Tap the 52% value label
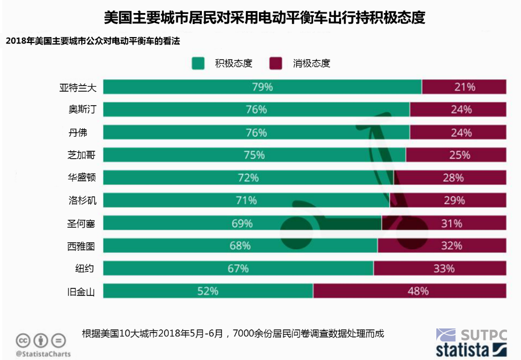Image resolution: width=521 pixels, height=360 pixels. [207, 291]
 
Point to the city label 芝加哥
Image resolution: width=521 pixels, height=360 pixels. [81, 155]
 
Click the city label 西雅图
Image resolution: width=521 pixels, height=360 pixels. [81, 246]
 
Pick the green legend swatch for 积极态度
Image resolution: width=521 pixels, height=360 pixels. [198, 64]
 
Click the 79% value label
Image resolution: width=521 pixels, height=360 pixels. [263, 87]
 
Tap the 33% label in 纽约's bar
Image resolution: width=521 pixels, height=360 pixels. [444, 268]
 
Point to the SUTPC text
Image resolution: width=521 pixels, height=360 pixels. [483, 334]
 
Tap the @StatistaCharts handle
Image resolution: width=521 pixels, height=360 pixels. [43, 354]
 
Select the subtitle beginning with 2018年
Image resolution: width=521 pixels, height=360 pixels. [93, 42]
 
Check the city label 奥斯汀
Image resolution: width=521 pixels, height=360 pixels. [81, 110]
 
